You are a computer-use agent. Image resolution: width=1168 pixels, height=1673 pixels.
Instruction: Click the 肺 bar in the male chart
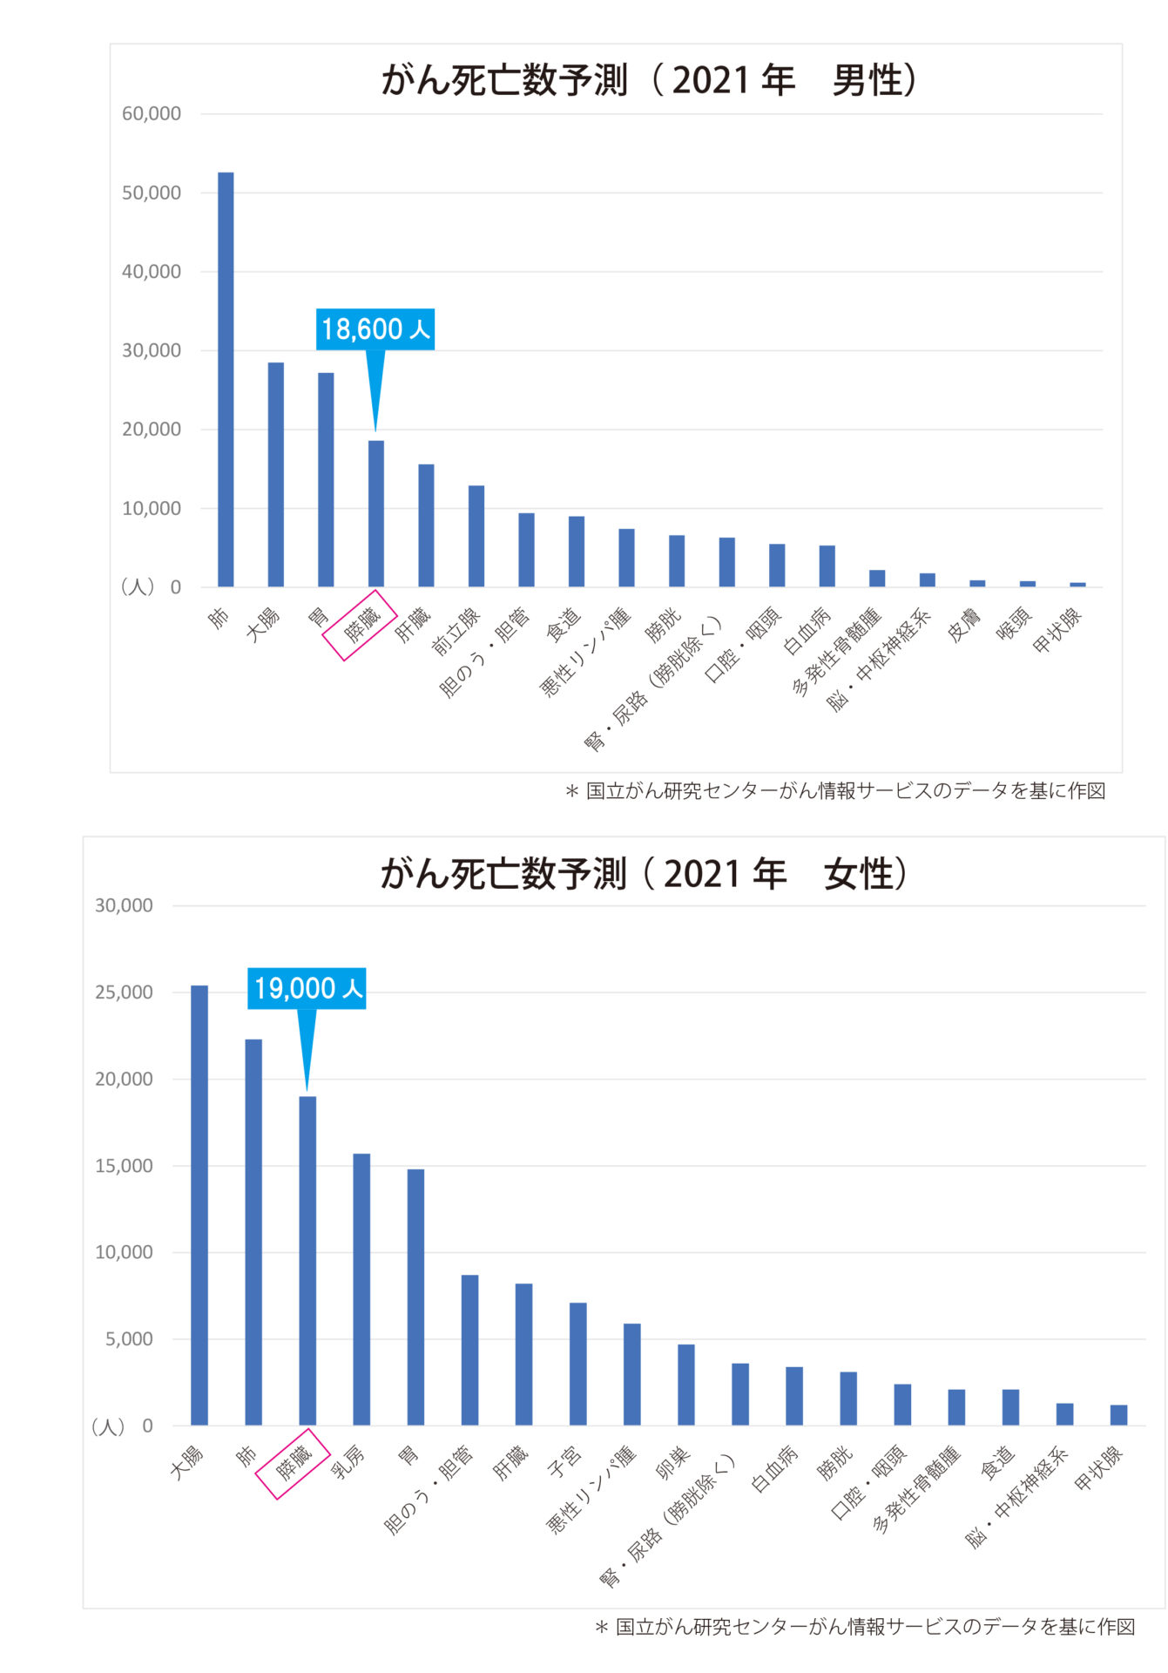coord(226,379)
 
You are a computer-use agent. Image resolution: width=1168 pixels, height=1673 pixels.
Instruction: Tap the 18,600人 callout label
coord(375,329)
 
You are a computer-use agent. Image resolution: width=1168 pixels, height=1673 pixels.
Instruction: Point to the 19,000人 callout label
coord(307,988)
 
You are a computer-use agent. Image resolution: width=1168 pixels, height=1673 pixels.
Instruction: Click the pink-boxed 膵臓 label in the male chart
coord(360,625)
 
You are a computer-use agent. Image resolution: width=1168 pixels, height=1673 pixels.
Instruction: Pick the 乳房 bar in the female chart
coord(361,1290)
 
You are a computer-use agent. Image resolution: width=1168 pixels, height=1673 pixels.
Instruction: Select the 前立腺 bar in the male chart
coord(476,536)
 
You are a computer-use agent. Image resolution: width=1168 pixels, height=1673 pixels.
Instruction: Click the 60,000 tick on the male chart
coord(152,113)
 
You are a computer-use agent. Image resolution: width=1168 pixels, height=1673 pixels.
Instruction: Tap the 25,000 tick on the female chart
coord(124,992)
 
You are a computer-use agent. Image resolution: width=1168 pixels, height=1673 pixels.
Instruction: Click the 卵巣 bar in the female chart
coord(686,1385)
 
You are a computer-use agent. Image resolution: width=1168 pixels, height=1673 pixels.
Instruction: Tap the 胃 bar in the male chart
coord(326,479)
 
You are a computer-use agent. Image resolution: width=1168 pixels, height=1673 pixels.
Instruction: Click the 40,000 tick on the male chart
coord(152,272)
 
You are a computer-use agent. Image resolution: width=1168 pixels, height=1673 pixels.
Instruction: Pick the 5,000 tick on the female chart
coord(129,1339)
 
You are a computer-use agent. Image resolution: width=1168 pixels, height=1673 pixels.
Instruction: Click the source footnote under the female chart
coord(865,1627)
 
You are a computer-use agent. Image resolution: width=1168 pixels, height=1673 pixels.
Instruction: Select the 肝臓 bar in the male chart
coord(426,525)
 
